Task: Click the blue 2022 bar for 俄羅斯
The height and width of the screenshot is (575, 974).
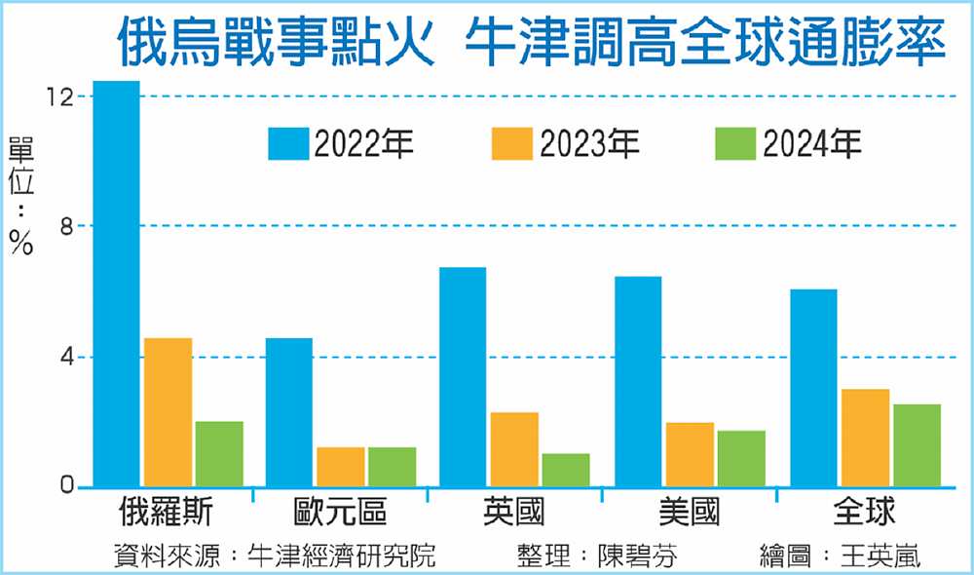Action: pyautogui.click(x=116, y=283)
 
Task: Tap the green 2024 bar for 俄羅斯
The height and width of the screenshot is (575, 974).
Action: pyautogui.click(x=218, y=454)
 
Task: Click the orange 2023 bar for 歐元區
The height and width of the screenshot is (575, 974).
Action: pyautogui.click(x=341, y=467)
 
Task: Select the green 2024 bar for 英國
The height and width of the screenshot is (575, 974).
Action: pyautogui.click(x=565, y=470)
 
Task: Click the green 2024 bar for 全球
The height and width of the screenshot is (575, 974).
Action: pyautogui.click(x=917, y=445)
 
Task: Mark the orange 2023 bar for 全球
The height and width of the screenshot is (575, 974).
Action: pyautogui.click(x=865, y=438)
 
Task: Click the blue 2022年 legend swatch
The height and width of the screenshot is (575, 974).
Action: pyautogui.click(x=289, y=144)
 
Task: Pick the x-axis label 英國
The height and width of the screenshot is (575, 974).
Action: pyautogui.click(x=514, y=512)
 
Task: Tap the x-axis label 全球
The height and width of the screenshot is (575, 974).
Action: pyautogui.click(x=864, y=512)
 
